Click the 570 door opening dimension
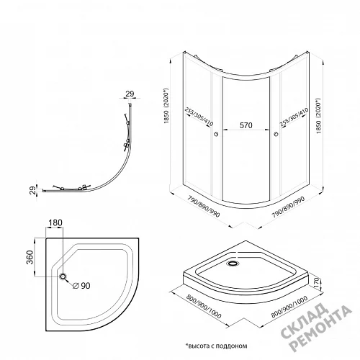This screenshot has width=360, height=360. coord(246,125)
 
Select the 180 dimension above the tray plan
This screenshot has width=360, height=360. coord(55,222)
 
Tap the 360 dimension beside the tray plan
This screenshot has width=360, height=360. coord(30,257)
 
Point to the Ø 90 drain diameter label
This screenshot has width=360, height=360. coord(81,286)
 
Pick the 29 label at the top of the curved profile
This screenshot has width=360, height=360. coord(130,94)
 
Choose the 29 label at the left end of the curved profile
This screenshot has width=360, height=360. coord(33,190)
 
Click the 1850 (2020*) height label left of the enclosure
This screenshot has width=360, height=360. coord(166,106)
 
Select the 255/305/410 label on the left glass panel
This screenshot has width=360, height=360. coord(199,117)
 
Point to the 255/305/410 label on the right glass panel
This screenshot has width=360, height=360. coord(294,117)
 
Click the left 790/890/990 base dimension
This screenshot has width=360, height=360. coord(204,207)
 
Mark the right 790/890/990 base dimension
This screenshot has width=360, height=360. coord(288,207)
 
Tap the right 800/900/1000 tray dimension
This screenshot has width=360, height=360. coord(289,307)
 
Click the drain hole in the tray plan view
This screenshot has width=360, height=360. coord(63,276)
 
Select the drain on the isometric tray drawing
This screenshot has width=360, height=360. coord(232,264)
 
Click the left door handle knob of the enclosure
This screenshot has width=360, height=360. coord(217,134)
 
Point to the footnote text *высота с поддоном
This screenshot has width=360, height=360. coord(216,346)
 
